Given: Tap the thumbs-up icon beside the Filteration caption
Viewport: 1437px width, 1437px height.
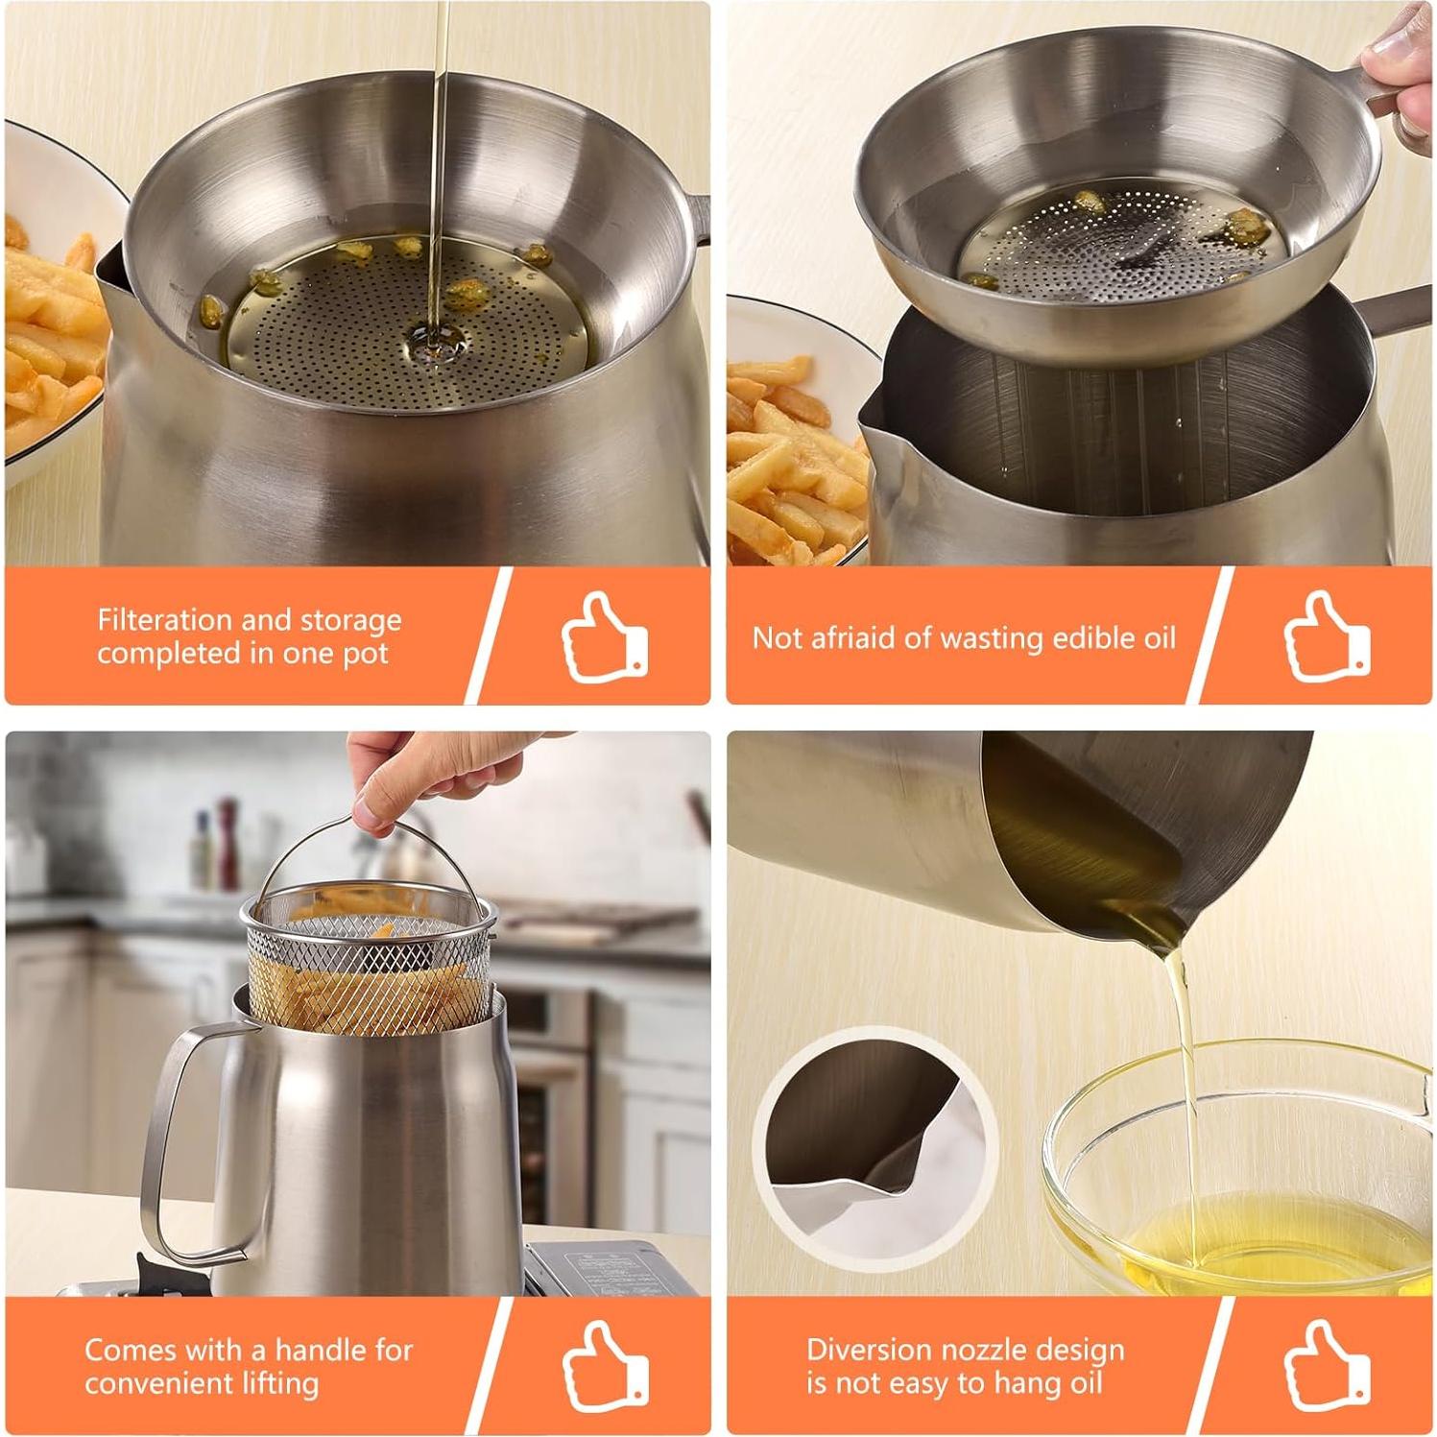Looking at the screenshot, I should [x=604, y=637].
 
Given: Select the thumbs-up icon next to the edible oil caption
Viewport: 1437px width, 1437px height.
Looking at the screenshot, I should [x=1327, y=637].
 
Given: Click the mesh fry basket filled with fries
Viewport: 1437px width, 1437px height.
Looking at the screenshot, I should [x=370, y=970].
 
